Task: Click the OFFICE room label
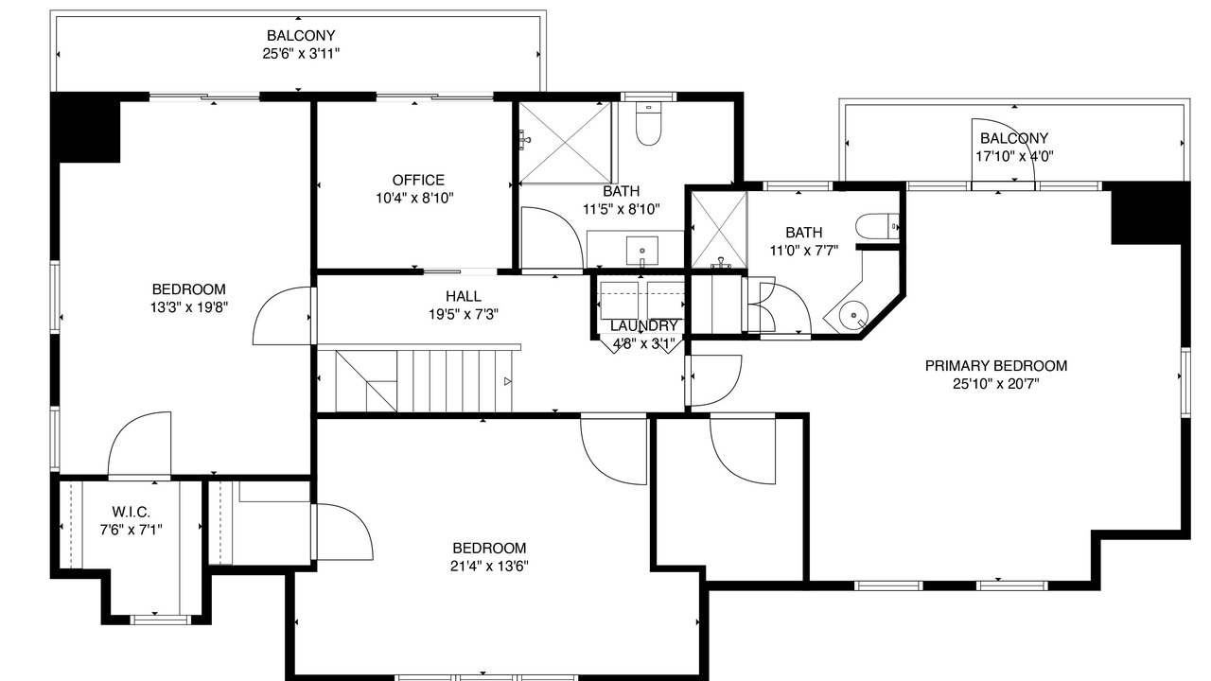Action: [x=418, y=180]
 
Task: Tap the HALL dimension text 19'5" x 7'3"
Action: [x=464, y=314]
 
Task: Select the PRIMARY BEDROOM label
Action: [x=996, y=366]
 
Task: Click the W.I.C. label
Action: [x=131, y=512]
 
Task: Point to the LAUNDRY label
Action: [x=643, y=326]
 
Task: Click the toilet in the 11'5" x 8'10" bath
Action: [x=648, y=124]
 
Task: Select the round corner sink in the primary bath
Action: [x=853, y=315]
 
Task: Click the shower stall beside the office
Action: [x=565, y=143]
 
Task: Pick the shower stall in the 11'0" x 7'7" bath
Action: [x=719, y=230]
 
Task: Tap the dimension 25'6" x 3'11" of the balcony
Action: [x=301, y=54]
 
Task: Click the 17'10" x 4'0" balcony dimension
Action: [x=1014, y=156]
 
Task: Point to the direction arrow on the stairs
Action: [x=507, y=381]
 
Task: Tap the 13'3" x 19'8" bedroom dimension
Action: [x=188, y=307]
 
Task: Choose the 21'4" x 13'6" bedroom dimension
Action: [x=489, y=566]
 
